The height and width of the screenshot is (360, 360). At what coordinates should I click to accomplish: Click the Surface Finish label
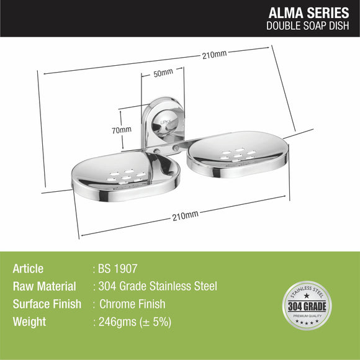(47, 305)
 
